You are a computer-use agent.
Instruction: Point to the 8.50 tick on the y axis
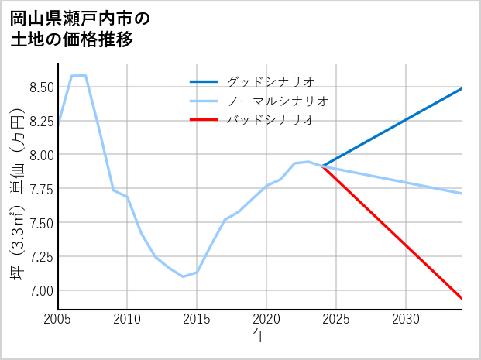pos(42,87)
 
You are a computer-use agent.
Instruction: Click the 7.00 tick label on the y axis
pos(42,290)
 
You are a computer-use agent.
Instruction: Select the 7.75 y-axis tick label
pos(42,189)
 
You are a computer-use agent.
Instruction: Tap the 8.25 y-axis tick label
pos(42,121)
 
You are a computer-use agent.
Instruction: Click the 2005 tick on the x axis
pos(58,319)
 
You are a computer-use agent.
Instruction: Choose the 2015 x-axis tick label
pos(197,319)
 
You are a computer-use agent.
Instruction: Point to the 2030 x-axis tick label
pos(406,319)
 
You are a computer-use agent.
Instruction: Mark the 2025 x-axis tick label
pos(336,319)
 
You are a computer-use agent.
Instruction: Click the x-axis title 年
pos(259,335)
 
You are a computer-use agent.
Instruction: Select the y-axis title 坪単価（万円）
pos(17,198)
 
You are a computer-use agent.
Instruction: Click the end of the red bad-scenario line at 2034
pos(462,298)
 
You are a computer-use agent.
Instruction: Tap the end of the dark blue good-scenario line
pos(462,88)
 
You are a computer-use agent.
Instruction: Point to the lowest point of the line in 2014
pos(184,276)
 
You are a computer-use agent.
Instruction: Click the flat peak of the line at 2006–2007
pos(78,76)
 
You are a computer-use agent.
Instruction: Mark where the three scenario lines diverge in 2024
pos(322,166)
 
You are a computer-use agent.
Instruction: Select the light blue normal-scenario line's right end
pos(462,193)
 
